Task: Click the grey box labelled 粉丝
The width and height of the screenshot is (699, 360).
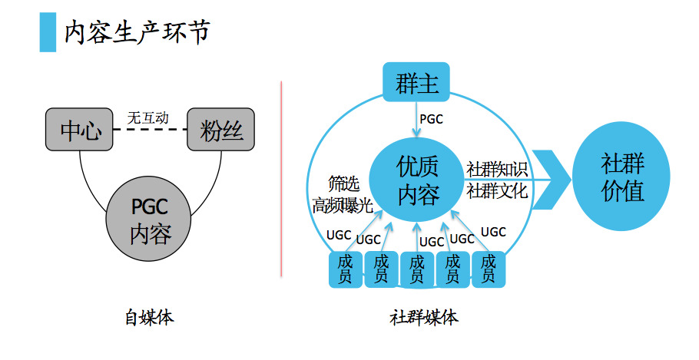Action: [x=221, y=130]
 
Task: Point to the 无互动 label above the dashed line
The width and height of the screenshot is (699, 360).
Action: [x=147, y=118]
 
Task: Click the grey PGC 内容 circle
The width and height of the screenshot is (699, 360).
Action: [x=150, y=220]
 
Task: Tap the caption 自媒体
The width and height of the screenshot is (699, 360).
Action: [x=149, y=317]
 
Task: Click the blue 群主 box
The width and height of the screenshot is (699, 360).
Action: [x=417, y=83]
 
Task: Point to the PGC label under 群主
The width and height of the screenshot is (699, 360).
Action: [x=431, y=119]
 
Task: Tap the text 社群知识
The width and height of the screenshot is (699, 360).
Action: [x=497, y=168]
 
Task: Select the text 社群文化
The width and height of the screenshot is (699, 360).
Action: [x=497, y=190]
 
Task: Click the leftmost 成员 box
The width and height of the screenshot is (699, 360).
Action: [x=346, y=269]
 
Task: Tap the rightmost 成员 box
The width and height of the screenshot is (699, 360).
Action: [x=488, y=269]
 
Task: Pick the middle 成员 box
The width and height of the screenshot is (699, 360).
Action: [x=417, y=269]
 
